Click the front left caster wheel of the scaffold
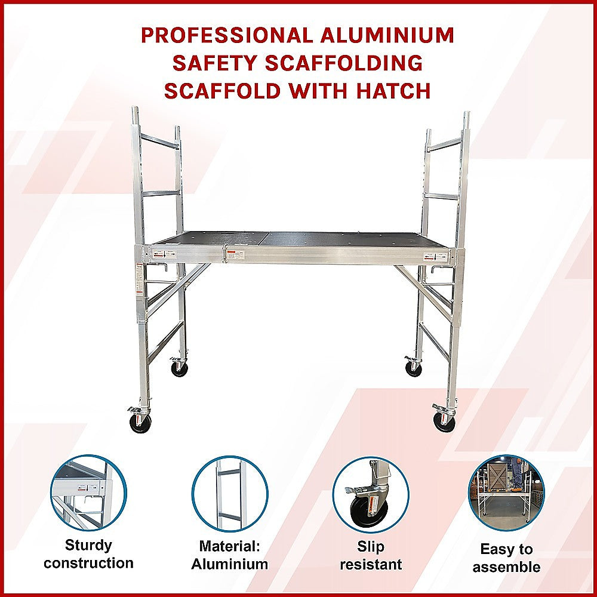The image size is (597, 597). point(140,422)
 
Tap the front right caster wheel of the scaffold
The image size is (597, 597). point(444,421)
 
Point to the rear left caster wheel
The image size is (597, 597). point(179,368)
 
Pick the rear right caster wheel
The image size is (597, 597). point(413,368)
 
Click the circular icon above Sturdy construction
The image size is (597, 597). point(88,493)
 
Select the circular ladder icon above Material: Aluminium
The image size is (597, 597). point(230,493)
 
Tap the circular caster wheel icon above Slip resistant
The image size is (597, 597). point(371,493)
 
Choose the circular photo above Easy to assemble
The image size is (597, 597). point(506,493)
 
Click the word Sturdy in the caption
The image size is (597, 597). point(88,545)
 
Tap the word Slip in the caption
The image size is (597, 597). point(371,547)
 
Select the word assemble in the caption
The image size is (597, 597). point(506,567)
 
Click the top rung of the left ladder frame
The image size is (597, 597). point(160,141)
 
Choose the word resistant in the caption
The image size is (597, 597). point(371,564)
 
